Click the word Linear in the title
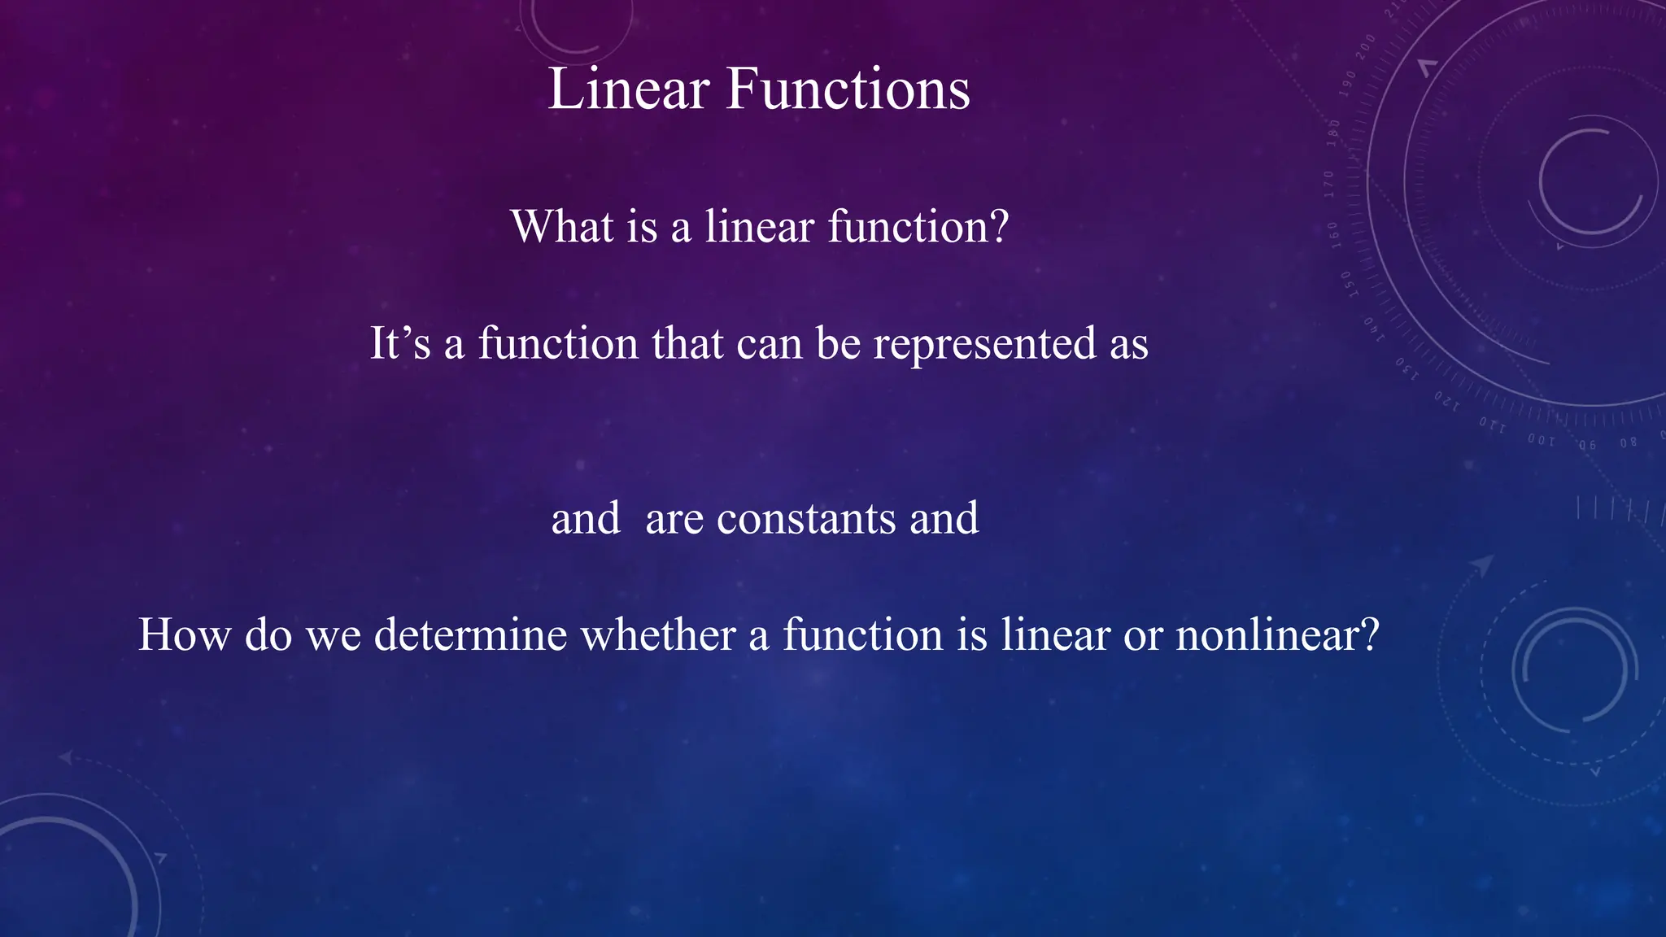click(x=628, y=89)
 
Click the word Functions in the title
click(x=848, y=89)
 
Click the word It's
click(x=399, y=342)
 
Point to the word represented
click(x=984, y=344)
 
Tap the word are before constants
click(x=674, y=519)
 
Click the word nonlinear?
click(x=1277, y=634)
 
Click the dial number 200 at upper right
click(x=1365, y=46)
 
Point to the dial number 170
click(x=1329, y=185)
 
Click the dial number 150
click(x=1347, y=284)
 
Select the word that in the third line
click(x=687, y=342)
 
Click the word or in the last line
click(x=1142, y=635)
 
